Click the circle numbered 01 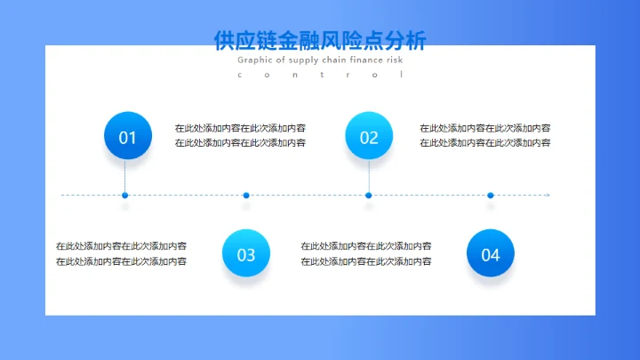[x=128, y=137]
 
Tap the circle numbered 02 [x=369, y=137]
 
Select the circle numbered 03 [x=246, y=254]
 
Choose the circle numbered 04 [x=491, y=254]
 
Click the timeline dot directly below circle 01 [x=125, y=195]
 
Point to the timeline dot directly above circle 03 [x=246, y=195]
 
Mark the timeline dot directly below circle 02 [x=369, y=195]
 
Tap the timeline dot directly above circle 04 [x=491, y=195]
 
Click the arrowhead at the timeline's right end [x=548, y=195]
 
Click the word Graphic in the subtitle [x=255, y=60]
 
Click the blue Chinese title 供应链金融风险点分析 [x=320, y=41]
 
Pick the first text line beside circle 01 [x=240, y=128]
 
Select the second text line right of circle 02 [x=484, y=142]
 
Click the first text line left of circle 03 [x=121, y=246]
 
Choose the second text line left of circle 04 [x=366, y=261]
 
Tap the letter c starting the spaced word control [x=240, y=75]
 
